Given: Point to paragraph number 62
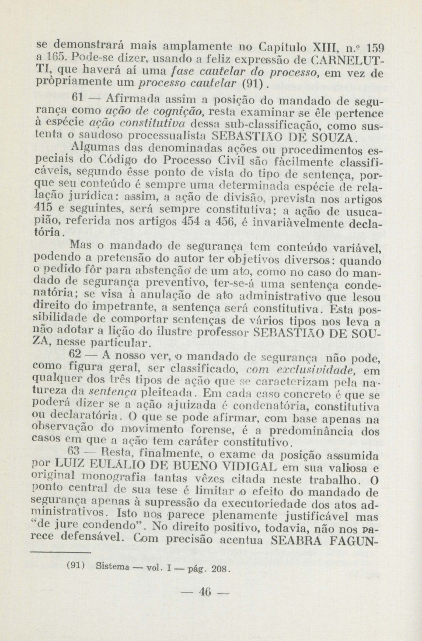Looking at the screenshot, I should point(75,354).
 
